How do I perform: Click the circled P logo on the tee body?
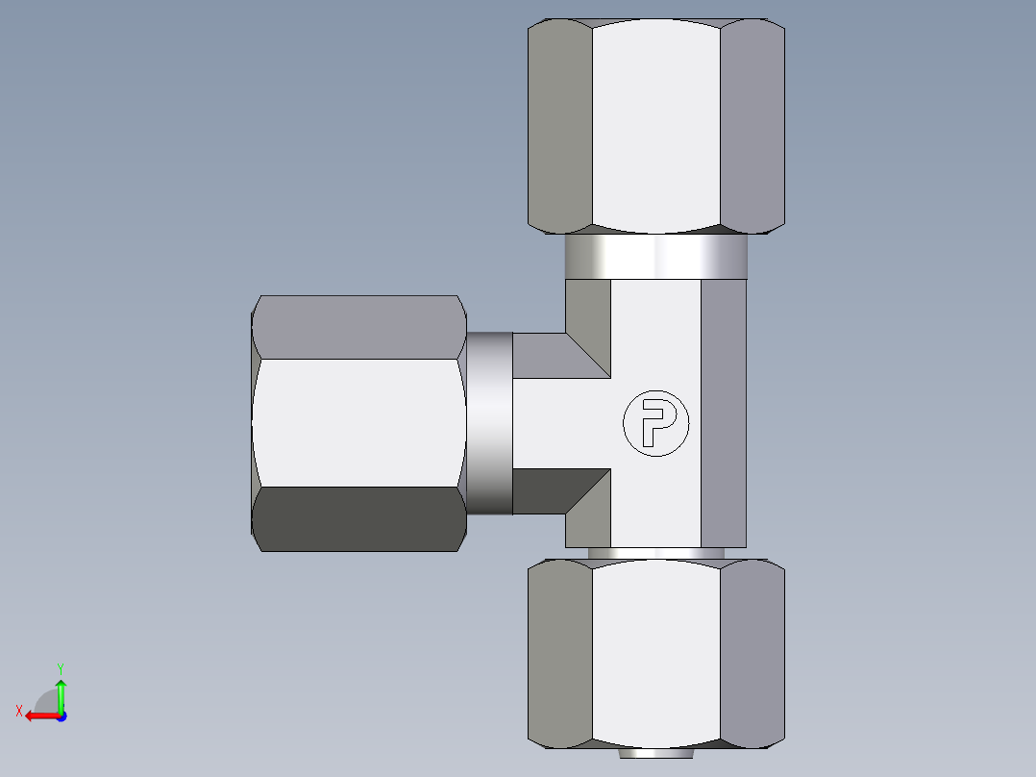click(656, 423)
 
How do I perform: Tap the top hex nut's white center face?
click(655, 125)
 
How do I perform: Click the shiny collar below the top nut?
click(655, 257)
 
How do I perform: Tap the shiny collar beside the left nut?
click(489, 423)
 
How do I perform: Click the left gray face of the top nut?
click(560, 125)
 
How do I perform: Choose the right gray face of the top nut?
click(752, 125)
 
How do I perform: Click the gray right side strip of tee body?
click(724, 414)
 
